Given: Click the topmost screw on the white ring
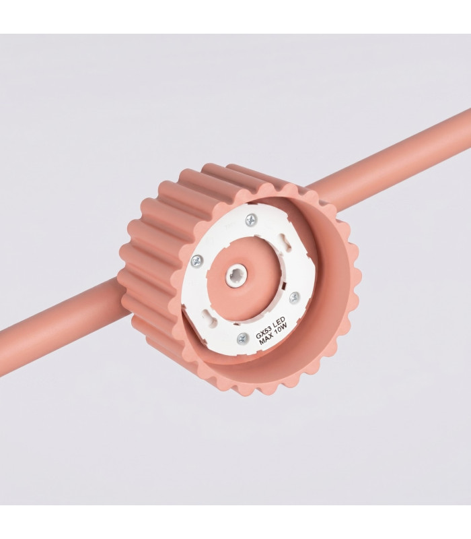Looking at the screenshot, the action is (x=251, y=220).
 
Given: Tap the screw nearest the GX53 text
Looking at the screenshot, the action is (x=242, y=339).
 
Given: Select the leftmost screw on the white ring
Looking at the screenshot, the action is (x=197, y=261).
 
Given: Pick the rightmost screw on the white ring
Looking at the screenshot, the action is (x=294, y=298).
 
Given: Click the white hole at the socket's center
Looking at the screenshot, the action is (x=236, y=276).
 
